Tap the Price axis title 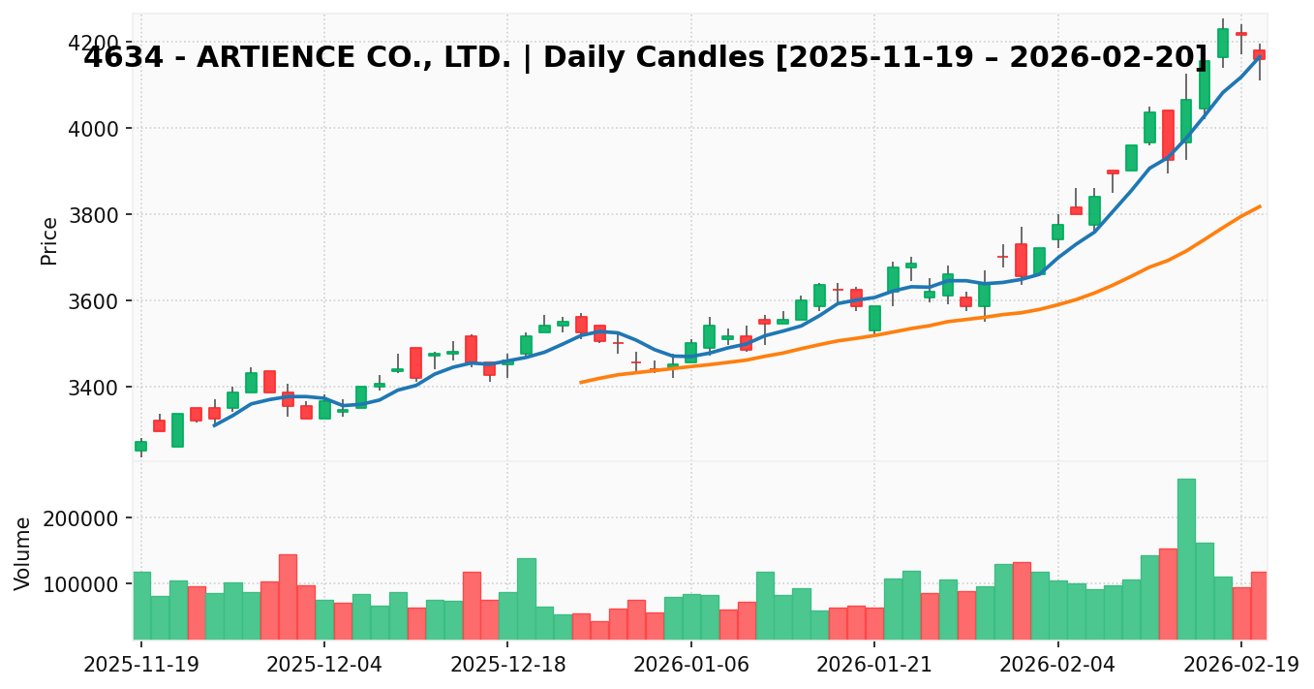pyautogui.click(x=49, y=240)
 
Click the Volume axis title pyautogui.click(x=23, y=552)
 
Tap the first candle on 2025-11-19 pyautogui.click(x=140, y=446)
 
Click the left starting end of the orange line pyautogui.click(x=581, y=382)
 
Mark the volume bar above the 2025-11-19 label pyautogui.click(x=141, y=606)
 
